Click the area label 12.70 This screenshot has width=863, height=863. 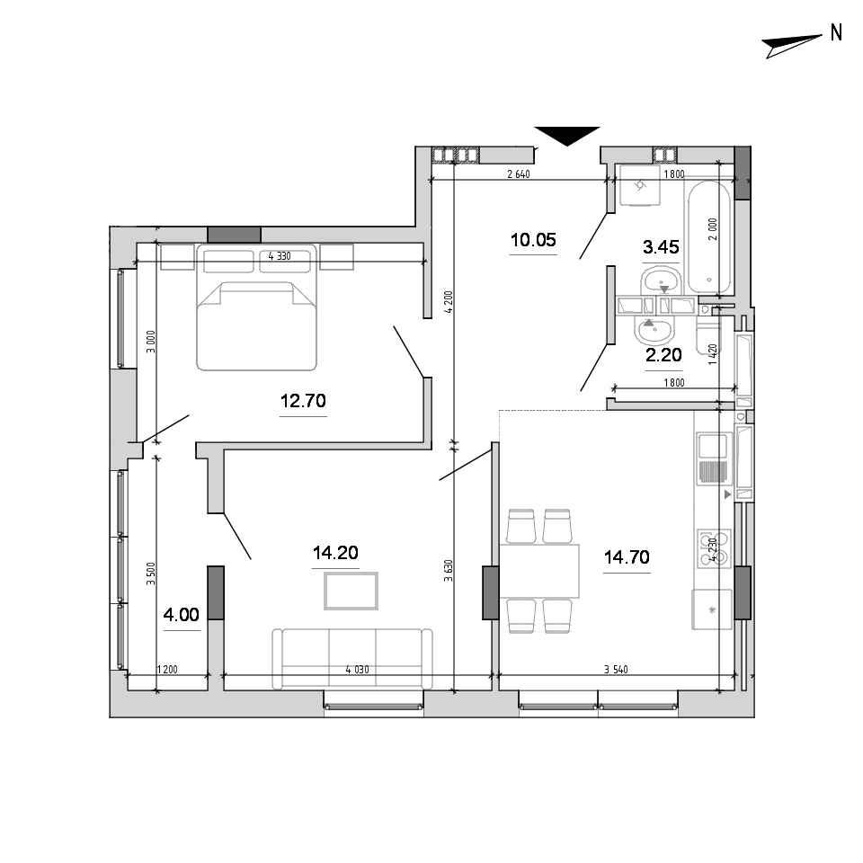click(x=303, y=401)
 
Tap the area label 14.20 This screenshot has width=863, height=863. click(x=335, y=552)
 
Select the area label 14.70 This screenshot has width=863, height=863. click(x=627, y=557)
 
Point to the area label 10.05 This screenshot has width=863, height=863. click(x=533, y=240)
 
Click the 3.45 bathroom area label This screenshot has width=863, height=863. click(x=661, y=247)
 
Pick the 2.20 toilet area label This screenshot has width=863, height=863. click(x=663, y=355)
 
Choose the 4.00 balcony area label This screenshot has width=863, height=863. click(x=181, y=614)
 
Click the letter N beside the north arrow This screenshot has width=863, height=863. click(x=836, y=33)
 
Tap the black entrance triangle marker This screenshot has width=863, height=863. click(x=567, y=136)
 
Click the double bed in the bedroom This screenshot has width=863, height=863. click(x=256, y=307)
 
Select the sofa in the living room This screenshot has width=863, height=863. click(x=352, y=659)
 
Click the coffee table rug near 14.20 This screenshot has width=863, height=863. click(x=351, y=592)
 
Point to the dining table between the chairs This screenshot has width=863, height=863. click(x=539, y=571)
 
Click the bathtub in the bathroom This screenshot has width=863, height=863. click(x=709, y=237)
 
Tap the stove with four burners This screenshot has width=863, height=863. click(x=714, y=548)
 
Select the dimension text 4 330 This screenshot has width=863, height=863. click(x=280, y=256)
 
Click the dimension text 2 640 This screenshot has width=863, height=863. click(x=519, y=173)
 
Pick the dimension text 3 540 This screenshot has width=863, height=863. click(x=616, y=669)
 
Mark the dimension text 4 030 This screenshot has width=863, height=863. click(x=357, y=669)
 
